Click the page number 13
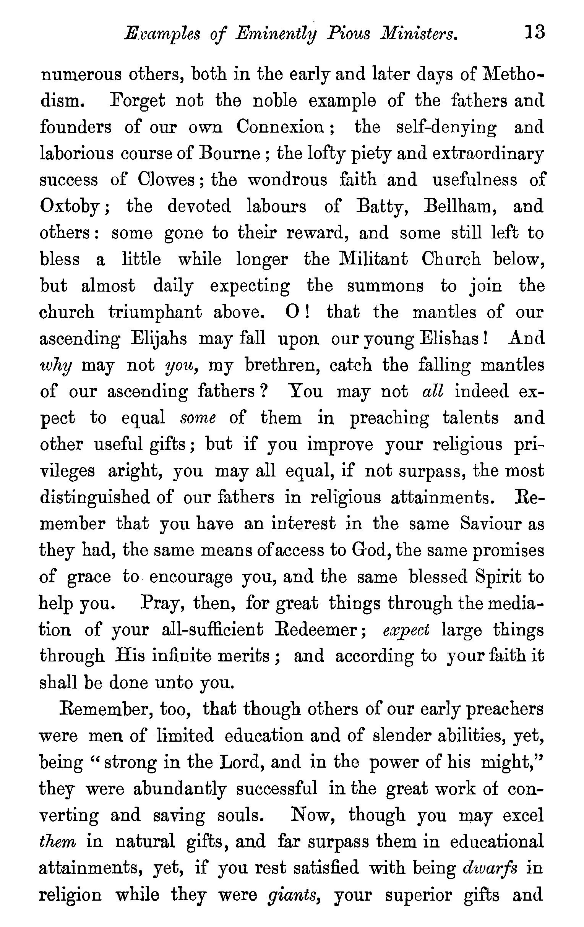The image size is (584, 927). coord(535,32)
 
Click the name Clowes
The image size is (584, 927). coord(166,180)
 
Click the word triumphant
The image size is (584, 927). coord(155,312)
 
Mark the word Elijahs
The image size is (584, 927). coord(159,339)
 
